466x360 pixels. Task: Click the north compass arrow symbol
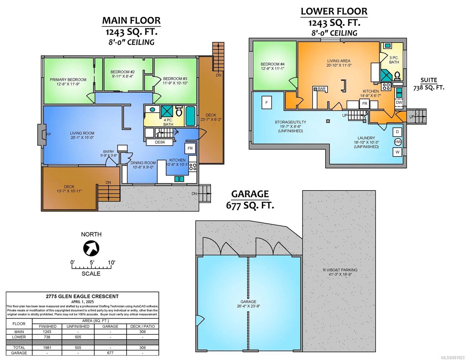point(91,248)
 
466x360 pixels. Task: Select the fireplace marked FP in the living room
point(42,134)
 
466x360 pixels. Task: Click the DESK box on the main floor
point(160,142)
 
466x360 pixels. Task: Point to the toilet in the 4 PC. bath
point(179,111)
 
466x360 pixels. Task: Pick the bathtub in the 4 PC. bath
point(190,116)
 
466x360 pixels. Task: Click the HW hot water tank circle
point(398,142)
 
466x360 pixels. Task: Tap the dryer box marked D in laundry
point(397,132)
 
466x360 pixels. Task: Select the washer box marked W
point(397,152)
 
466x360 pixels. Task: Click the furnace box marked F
point(266,103)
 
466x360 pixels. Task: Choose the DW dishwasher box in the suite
point(399,103)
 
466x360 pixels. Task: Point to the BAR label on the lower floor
point(321,88)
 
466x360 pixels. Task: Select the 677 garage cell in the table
point(110,353)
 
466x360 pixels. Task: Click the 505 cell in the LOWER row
point(78,337)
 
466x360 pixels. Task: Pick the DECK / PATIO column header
point(143,326)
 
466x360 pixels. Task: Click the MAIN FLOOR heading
point(131,21)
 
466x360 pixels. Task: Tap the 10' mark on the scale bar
point(111,262)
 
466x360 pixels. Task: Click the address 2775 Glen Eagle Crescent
point(82,296)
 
